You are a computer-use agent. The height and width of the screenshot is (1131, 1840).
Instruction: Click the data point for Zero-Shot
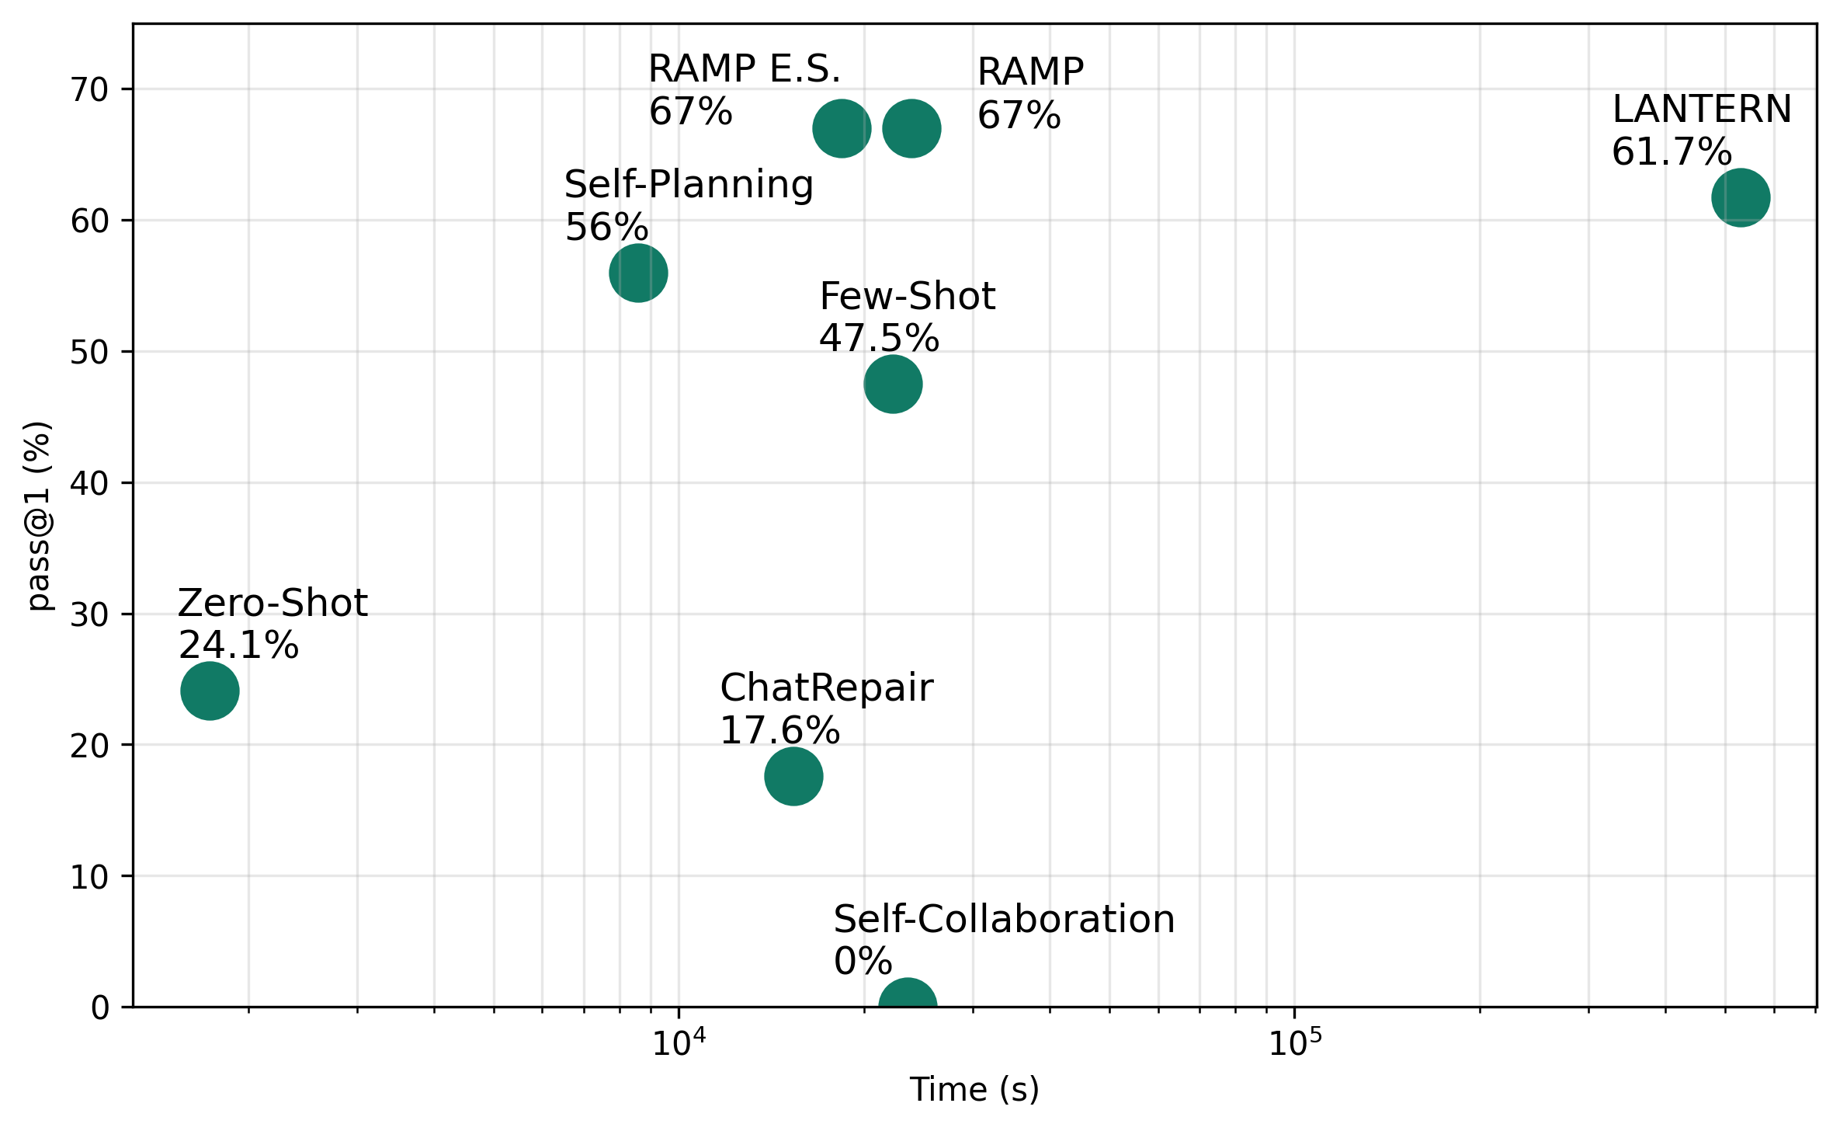coord(210,691)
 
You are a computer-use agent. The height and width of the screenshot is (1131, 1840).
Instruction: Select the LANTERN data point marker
coord(1741,197)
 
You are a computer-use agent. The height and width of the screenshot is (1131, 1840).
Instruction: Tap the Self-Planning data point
coord(638,273)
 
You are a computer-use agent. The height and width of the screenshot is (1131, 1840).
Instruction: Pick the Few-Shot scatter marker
coord(893,384)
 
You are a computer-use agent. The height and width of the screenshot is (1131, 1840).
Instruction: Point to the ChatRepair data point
coord(793,776)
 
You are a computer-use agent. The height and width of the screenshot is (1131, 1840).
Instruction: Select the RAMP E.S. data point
coord(842,128)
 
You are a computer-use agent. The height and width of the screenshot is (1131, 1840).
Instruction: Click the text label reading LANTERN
coord(1702,110)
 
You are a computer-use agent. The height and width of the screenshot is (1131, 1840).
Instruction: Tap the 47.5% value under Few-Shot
coord(879,339)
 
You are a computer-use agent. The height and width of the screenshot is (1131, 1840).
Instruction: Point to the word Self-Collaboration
coord(1004,920)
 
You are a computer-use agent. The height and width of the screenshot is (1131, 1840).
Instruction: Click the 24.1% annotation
coord(238,646)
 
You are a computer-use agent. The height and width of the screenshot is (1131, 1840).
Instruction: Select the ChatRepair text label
coord(826,688)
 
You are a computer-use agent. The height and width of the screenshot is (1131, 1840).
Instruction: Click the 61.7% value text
coord(1672,152)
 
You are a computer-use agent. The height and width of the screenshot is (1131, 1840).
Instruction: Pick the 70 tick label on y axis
coord(89,90)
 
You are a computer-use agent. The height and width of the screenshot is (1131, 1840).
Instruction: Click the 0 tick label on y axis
coord(100,1008)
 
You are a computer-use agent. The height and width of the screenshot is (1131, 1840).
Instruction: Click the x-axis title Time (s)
coord(974,1090)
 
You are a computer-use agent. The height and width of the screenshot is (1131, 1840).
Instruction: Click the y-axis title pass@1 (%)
coord(39,516)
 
